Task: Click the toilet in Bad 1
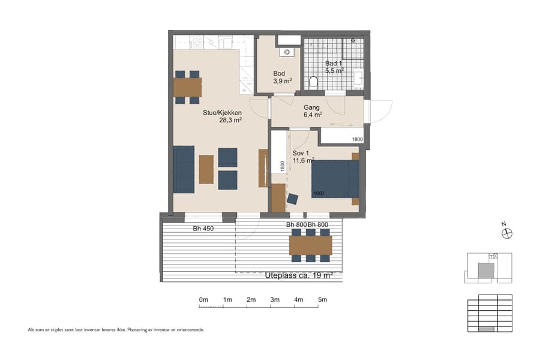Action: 313,82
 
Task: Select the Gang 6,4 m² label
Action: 313,111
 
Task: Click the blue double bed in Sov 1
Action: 335,179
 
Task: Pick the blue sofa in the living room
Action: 184,169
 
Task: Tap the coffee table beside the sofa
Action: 206,169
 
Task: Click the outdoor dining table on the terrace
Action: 310,245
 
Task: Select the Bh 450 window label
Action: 203,229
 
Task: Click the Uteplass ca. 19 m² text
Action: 298,275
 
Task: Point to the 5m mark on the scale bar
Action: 322,299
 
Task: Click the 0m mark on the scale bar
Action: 203,299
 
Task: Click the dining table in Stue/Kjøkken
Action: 187,88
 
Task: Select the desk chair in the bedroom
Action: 293,199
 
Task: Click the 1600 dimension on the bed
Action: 319,193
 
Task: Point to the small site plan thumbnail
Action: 489,268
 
